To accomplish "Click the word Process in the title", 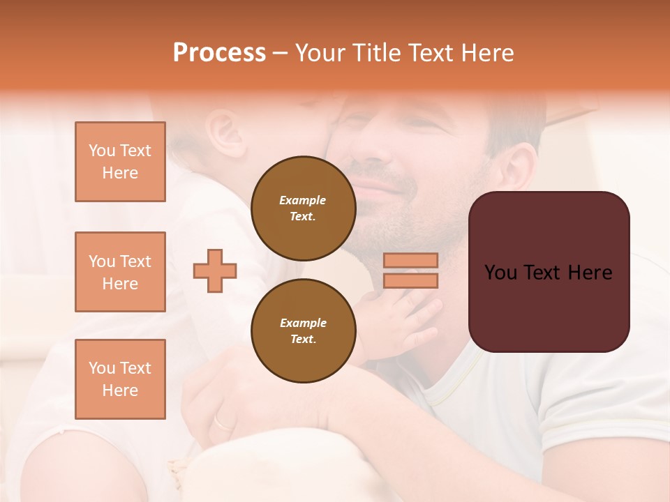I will click(x=219, y=52).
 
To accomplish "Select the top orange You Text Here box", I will click(x=120, y=162).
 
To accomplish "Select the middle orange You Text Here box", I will click(x=120, y=272).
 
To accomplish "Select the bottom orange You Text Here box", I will click(x=120, y=379).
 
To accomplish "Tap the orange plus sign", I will click(x=215, y=271).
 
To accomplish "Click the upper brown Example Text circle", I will click(x=303, y=208).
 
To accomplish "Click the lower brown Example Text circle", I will click(x=303, y=331).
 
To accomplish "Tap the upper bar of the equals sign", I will click(x=410, y=260).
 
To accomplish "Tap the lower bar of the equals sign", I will click(x=410, y=281).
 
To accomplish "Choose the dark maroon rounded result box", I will click(x=549, y=307).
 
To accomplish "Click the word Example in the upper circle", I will click(x=303, y=200).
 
